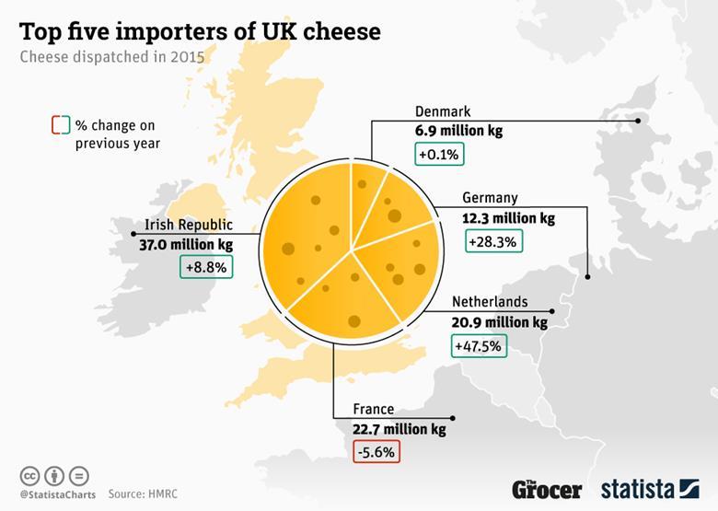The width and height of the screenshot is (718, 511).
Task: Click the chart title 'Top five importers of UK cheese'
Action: pos(200,31)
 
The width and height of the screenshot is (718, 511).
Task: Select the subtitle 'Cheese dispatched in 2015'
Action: pos(112,57)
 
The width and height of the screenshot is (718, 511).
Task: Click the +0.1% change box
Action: pos(440,153)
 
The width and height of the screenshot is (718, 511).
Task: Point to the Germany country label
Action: pos(490,198)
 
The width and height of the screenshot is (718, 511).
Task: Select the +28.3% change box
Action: pos(494,241)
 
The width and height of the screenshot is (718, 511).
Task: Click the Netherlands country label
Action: pos(489,302)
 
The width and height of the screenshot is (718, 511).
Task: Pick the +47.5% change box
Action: pos(479,346)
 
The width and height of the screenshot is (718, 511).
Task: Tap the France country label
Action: pos(373,410)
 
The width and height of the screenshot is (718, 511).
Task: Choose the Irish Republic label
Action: pos(189,225)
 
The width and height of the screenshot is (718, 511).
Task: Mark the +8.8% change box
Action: pos(205,266)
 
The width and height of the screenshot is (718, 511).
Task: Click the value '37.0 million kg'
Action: pos(187,244)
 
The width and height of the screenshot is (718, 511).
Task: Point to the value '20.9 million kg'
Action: pos(499,322)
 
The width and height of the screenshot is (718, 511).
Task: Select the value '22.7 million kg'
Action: pos(399,429)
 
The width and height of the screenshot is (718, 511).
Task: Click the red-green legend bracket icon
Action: pos(61,124)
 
